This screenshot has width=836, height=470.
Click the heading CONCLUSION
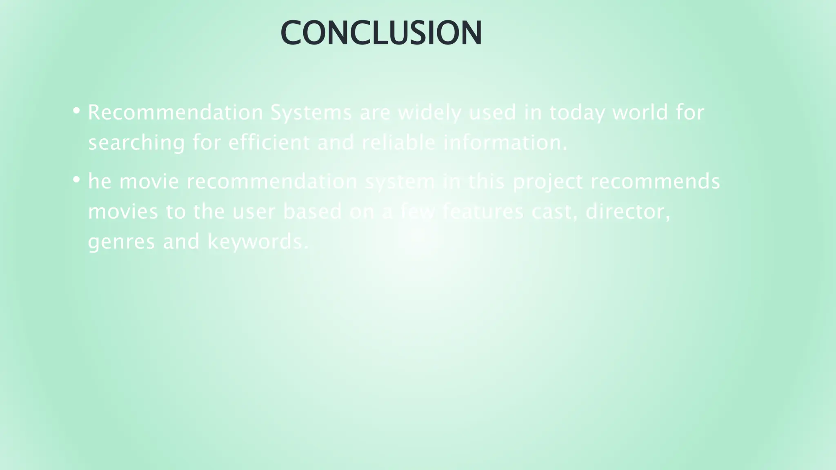381,33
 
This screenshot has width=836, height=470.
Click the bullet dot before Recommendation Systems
76,110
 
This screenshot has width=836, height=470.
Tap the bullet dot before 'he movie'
76,179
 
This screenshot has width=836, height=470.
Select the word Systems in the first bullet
311,113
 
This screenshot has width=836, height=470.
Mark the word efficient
269,142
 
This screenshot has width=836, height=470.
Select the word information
505,142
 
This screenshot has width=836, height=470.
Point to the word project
547,182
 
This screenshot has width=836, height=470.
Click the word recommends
655,182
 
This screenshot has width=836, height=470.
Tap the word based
312,211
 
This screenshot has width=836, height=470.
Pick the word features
483,211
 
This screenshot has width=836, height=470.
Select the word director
628,212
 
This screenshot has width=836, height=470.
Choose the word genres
121,242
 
